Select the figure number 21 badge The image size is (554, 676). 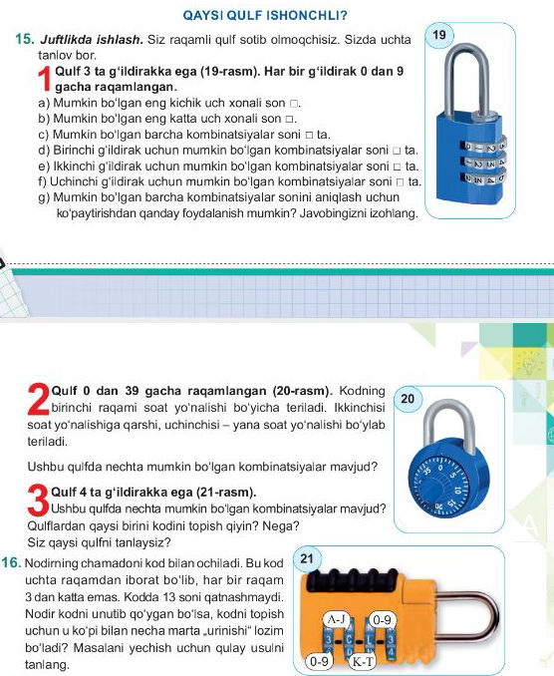310,559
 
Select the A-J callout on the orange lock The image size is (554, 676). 336,618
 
